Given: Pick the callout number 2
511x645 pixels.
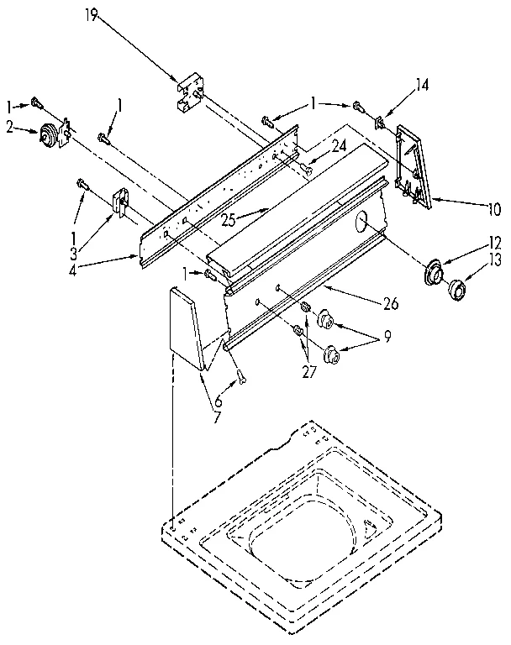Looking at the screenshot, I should (11, 127).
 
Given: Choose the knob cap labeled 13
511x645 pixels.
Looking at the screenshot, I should (458, 291).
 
